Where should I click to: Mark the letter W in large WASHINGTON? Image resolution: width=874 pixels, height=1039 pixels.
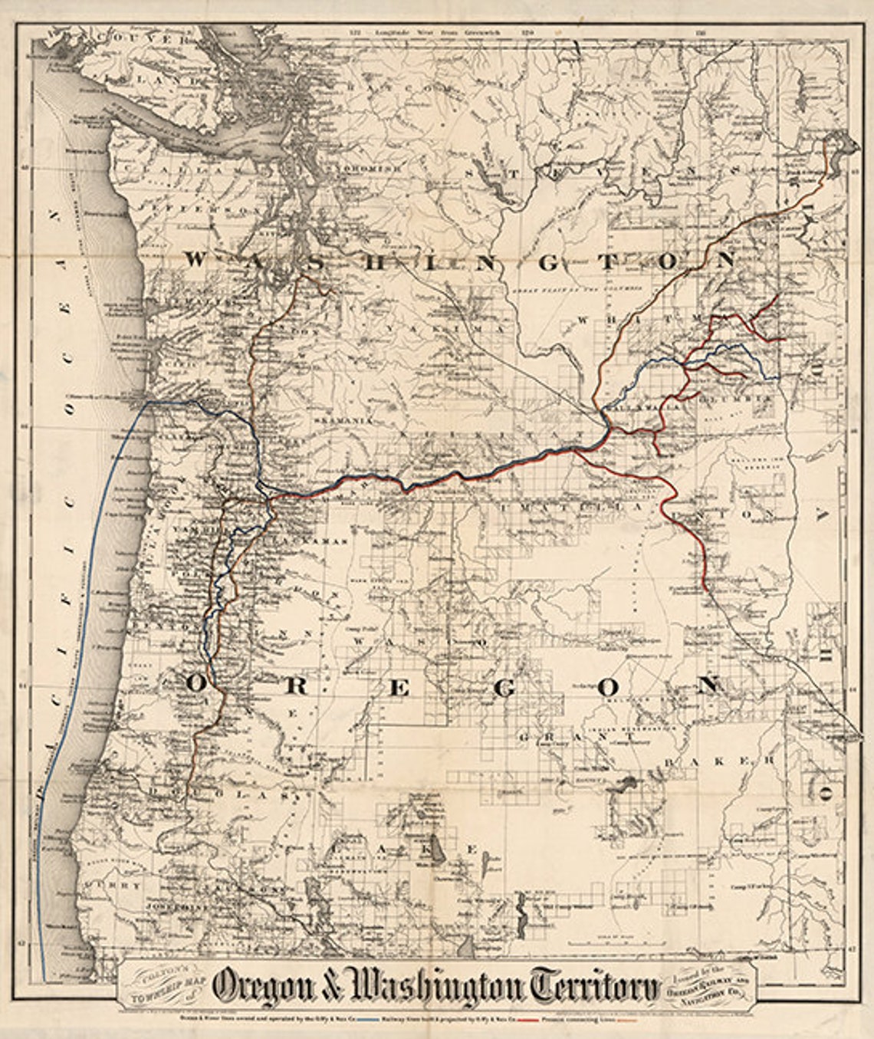point(195,260)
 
